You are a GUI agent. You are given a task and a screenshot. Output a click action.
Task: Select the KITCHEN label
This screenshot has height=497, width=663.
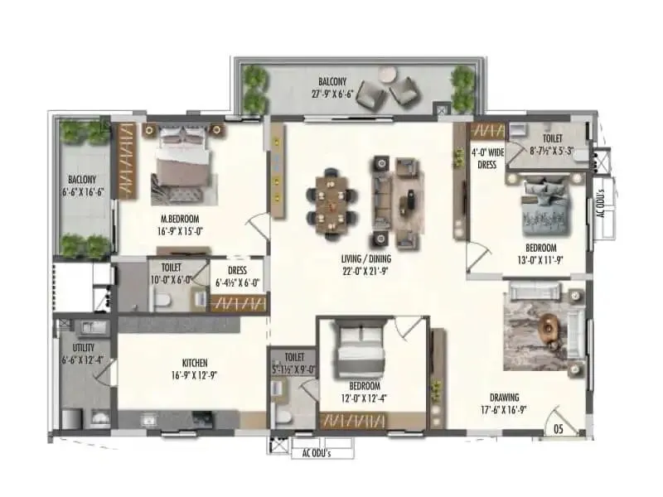[x=195, y=363]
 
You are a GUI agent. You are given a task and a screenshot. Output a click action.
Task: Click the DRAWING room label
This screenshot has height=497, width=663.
[x=504, y=398]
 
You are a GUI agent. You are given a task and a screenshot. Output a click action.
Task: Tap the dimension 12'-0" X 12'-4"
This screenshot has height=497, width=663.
[x=364, y=398]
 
